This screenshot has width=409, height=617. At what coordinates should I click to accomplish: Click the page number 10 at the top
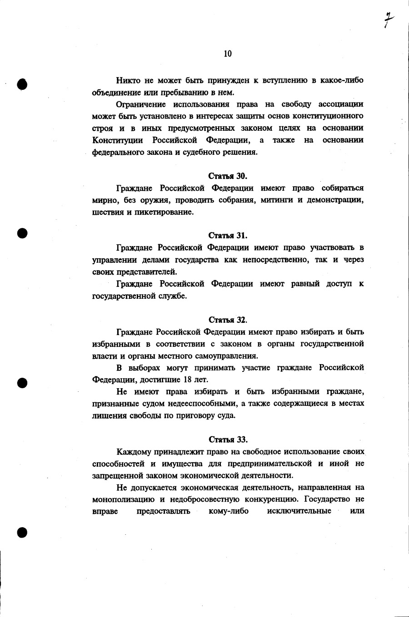(228, 54)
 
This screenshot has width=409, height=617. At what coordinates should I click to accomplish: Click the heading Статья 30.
(228, 176)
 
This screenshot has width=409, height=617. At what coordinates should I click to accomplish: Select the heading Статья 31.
(228, 235)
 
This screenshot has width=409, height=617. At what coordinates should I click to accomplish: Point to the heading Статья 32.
(228, 320)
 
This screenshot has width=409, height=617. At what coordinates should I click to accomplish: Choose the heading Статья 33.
(228, 439)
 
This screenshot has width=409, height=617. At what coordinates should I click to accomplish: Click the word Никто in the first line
(129, 81)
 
